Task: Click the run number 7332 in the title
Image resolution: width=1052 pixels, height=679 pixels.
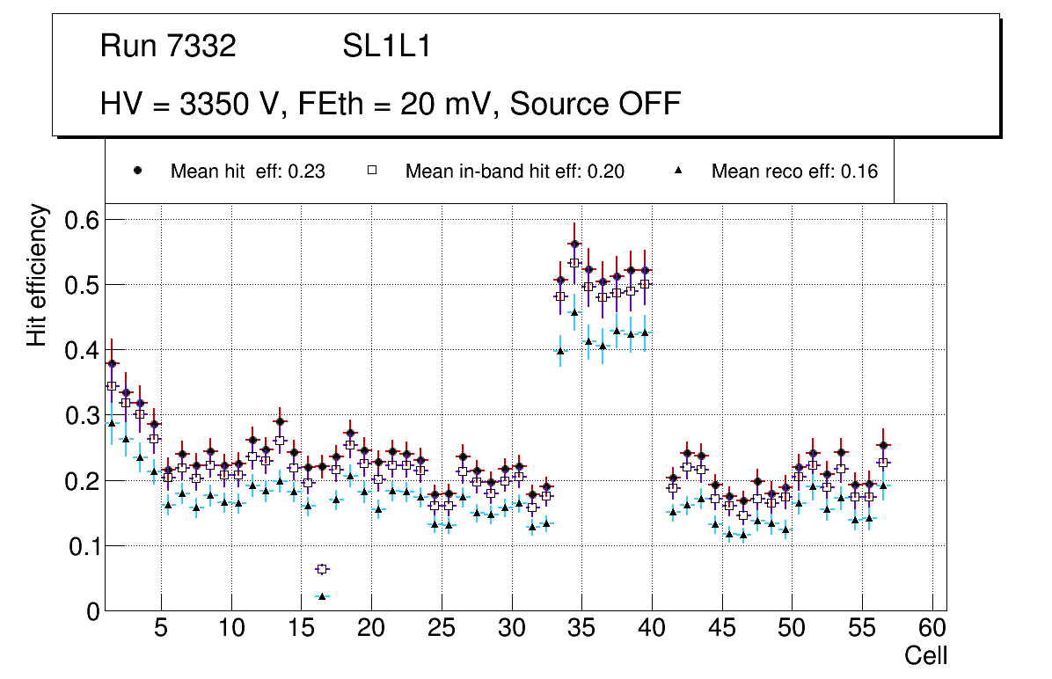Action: pyautogui.click(x=202, y=47)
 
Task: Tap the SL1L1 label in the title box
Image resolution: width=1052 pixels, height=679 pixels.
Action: pyautogui.click(x=387, y=47)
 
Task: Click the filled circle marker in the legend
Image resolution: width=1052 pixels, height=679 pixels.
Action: pyautogui.click(x=137, y=171)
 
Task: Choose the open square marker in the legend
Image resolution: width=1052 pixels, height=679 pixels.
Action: pyautogui.click(x=372, y=171)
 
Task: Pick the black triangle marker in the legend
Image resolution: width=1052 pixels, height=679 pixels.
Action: pyautogui.click(x=678, y=171)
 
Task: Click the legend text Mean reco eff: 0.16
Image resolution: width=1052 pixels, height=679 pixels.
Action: pyautogui.click(x=794, y=172)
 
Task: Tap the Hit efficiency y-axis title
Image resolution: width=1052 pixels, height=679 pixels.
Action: pyautogui.click(x=37, y=275)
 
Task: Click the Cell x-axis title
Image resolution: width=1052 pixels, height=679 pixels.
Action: pyautogui.click(x=926, y=655)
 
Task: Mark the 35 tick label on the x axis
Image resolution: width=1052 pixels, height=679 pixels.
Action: pyautogui.click(x=581, y=629)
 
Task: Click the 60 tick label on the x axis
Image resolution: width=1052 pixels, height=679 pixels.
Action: pyautogui.click(x=932, y=629)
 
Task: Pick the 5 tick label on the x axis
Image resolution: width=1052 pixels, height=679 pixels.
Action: pyautogui.click(x=161, y=629)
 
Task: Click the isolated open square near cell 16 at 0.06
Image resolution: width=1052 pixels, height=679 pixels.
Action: pyautogui.click(x=322, y=569)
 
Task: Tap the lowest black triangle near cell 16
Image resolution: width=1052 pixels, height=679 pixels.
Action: pyautogui.click(x=322, y=596)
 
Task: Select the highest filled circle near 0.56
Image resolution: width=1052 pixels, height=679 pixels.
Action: pyautogui.click(x=574, y=244)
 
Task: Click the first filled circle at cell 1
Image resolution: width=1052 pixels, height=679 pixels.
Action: pyautogui.click(x=112, y=363)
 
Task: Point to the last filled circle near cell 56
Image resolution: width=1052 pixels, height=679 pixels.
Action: pyautogui.click(x=883, y=445)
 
